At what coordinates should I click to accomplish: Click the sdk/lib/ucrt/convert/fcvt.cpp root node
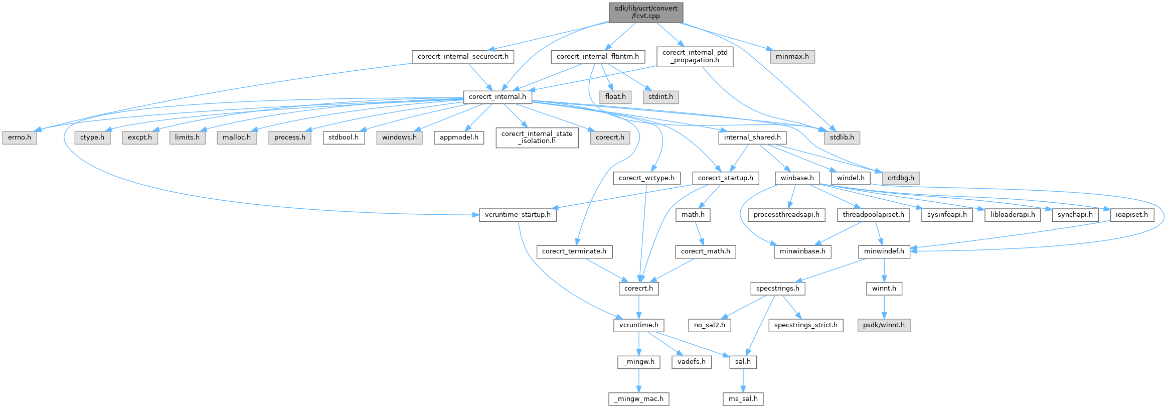[646, 12]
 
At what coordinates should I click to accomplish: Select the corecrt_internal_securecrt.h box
[462, 57]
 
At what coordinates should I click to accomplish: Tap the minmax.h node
[792, 57]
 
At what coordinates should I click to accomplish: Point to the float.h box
[615, 97]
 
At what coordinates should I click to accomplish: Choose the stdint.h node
[660, 97]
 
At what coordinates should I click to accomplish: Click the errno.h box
[20, 138]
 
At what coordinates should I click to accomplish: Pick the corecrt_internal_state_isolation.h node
[537, 138]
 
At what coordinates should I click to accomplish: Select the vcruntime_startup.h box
[518, 215]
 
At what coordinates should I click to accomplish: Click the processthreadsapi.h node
[786, 215]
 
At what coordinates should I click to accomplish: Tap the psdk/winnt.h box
[884, 325]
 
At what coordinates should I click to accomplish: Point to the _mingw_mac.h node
[639, 399]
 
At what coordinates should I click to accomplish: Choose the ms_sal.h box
[743, 399]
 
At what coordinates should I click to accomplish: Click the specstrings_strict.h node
[805, 325]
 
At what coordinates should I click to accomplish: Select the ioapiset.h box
[1132, 215]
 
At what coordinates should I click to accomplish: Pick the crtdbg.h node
[901, 178]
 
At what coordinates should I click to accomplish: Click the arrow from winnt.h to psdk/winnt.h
[884, 307]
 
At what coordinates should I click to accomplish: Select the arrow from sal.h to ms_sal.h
[743, 380]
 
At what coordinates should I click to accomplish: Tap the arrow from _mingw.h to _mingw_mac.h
[639, 380]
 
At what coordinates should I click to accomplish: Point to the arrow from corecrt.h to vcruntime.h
[638, 307]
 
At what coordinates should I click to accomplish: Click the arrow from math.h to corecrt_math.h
[698, 233]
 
